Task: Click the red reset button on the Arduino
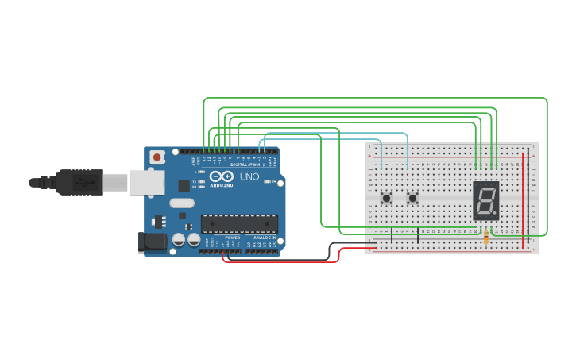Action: tap(157, 157)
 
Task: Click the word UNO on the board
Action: tap(249, 176)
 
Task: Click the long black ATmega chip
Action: tap(239, 224)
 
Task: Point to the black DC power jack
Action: tap(152, 242)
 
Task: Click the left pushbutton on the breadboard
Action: tap(387, 198)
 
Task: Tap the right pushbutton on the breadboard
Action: tap(412, 198)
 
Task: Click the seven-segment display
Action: tap(485, 200)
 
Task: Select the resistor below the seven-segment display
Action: tap(485, 236)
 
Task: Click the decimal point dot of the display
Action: tap(496, 215)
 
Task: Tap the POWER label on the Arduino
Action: tap(232, 238)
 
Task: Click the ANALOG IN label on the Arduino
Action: tap(262, 238)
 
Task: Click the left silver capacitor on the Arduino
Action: tap(179, 238)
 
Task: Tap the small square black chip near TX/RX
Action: tap(184, 185)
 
